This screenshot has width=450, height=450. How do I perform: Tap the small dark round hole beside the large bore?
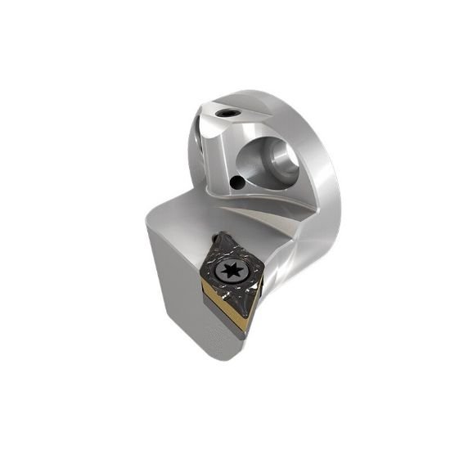[237, 182]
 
